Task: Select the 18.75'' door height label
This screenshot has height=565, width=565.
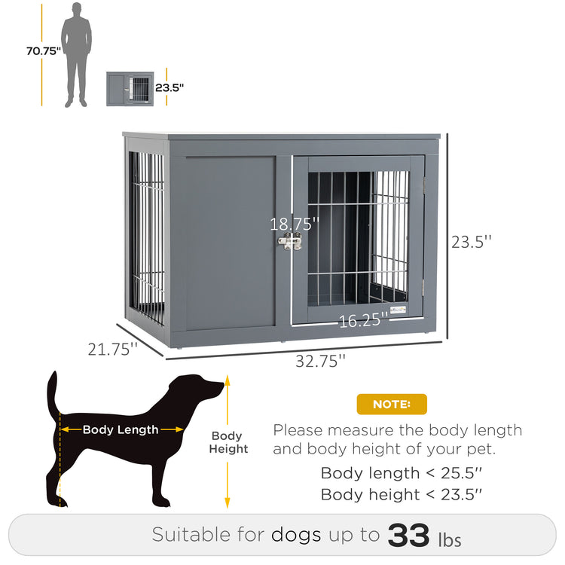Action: point(295,224)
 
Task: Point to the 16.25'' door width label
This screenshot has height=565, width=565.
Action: point(362,321)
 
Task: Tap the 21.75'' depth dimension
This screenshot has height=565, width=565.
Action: point(112,349)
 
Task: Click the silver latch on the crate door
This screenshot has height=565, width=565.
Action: point(290,241)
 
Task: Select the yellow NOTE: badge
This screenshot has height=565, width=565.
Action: point(392,405)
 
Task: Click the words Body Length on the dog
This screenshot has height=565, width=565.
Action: point(121,429)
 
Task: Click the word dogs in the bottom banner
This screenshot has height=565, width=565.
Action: point(296,535)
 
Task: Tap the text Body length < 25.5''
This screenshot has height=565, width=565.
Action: point(402,473)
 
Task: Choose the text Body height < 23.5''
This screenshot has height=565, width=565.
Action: point(402,494)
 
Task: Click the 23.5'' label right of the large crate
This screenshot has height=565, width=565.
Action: point(472,242)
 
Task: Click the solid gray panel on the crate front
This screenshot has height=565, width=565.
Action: point(230,241)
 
